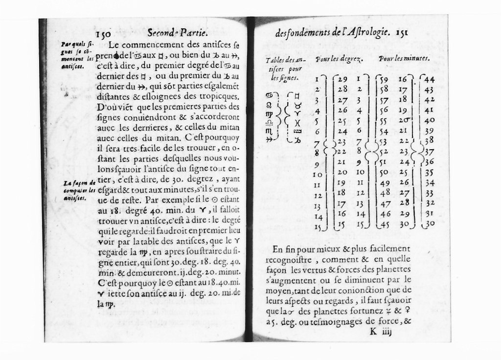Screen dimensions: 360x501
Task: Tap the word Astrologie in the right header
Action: (365, 33)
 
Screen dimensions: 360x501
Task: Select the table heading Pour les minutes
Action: (404, 59)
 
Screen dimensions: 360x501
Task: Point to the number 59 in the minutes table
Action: (384, 79)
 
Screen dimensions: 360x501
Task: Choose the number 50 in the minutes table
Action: (384, 172)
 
